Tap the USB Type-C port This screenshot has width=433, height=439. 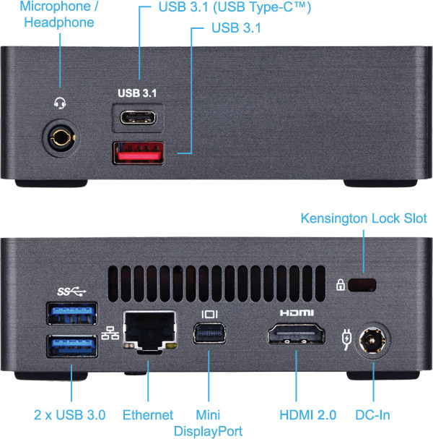[138, 118]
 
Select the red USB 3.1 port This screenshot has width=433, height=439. [138, 153]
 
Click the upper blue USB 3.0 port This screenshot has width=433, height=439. [72, 313]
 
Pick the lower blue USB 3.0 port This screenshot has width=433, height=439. [72, 346]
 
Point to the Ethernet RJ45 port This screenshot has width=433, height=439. [149, 331]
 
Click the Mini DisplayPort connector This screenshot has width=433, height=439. [209, 333]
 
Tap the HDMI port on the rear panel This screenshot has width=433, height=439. [297, 333]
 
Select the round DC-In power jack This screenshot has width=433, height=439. [372, 341]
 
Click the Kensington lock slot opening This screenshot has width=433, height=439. [362, 285]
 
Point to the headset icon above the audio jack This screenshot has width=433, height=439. [60, 103]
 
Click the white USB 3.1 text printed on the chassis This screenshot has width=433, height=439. [137, 93]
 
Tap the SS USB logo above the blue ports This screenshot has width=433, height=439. [71, 291]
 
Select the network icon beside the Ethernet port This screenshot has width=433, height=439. [110, 333]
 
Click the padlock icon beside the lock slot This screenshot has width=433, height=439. [340, 285]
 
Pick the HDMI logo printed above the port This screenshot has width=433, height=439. [297, 312]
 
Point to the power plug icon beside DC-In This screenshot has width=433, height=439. [346, 340]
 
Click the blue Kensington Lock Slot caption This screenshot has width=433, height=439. [364, 218]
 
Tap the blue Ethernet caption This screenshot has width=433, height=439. [148, 415]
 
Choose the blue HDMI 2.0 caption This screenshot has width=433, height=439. [308, 415]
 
